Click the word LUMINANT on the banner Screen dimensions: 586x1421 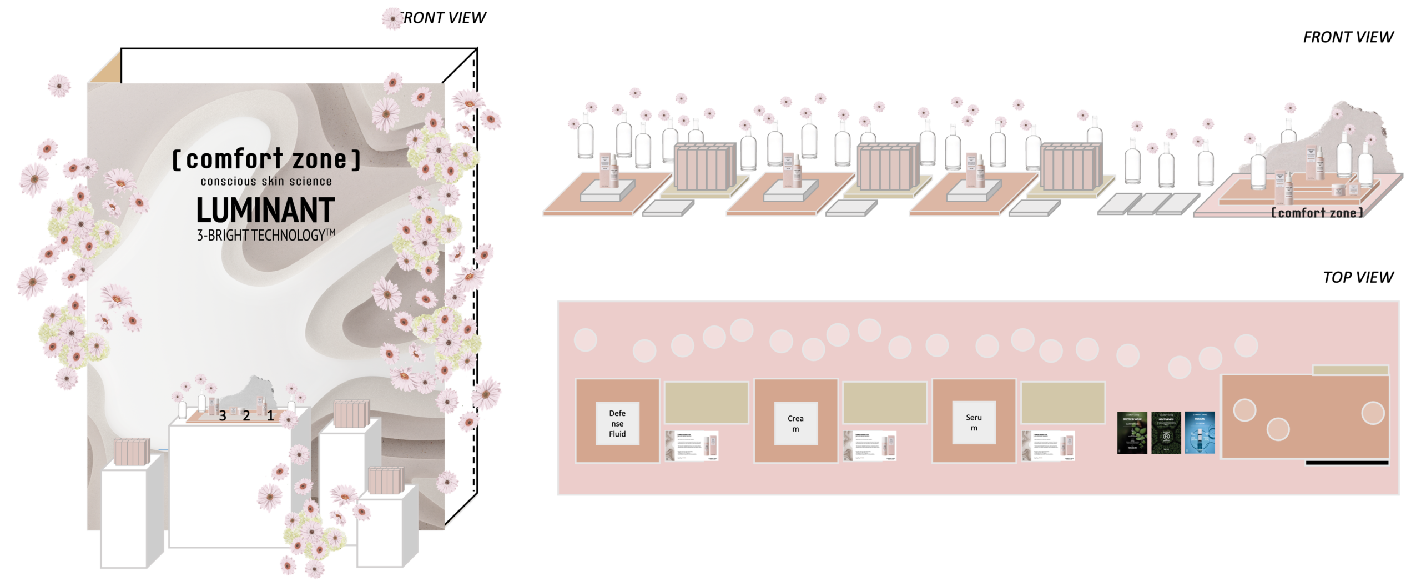pyautogui.click(x=265, y=210)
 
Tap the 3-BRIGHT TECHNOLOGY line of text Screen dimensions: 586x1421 pyautogui.click(x=266, y=236)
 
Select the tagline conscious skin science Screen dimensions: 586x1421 pyautogui.click(x=266, y=182)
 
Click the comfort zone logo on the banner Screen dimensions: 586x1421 pyautogui.click(x=266, y=159)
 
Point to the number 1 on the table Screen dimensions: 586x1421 pyautogui.click(x=271, y=415)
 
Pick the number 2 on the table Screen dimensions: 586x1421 pyautogui.click(x=246, y=415)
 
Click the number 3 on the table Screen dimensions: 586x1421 pyautogui.click(x=223, y=415)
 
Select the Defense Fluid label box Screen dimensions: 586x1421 pyautogui.click(x=617, y=423)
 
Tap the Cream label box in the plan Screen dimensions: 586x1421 pyautogui.click(x=795, y=423)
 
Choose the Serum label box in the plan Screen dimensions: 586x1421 pyautogui.click(x=974, y=423)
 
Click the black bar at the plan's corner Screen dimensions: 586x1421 pyautogui.click(x=1347, y=463)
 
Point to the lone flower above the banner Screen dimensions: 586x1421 pyautogui.click(x=392, y=18)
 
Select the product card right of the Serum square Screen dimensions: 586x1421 pyautogui.click(x=1047, y=446)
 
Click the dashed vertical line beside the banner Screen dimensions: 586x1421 pyautogui.click(x=473, y=278)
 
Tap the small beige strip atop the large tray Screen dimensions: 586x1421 pyautogui.click(x=1350, y=370)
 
